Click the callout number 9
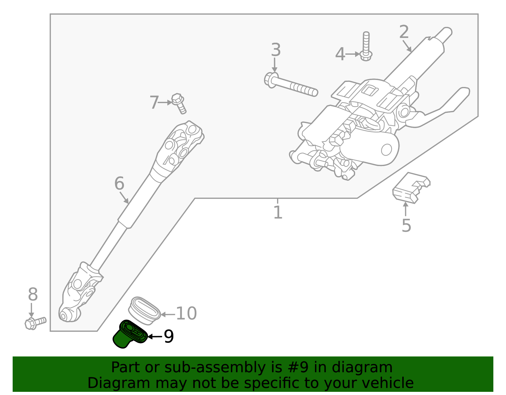(x=169, y=336)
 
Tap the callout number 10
(x=186, y=314)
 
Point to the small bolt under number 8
(x=35, y=323)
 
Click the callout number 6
(x=119, y=184)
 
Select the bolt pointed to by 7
(x=179, y=103)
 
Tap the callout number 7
(x=154, y=102)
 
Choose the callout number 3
(x=276, y=50)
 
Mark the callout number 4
(x=340, y=54)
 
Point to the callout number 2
(x=404, y=32)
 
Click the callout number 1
(x=278, y=212)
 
